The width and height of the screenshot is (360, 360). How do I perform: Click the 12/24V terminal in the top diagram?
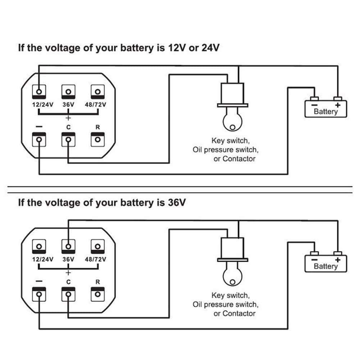[x=40, y=91]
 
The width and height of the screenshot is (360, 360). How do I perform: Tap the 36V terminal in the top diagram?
[x=68, y=91]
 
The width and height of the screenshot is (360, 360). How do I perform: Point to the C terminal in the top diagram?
[x=68, y=139]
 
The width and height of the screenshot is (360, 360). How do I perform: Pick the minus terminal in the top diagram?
[x=40, y=139]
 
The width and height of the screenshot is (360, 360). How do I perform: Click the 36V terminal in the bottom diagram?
[x=68, y=246]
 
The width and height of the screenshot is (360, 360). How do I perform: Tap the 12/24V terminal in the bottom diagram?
[x=40, y=246]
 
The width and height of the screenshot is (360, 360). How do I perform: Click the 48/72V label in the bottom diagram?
[x=96, y=259]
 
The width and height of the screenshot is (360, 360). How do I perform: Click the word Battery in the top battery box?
[x=326, y=111]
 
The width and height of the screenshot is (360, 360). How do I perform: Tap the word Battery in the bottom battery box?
[x=326, y=266]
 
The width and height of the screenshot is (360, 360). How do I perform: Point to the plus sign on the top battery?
[x=338, y=105]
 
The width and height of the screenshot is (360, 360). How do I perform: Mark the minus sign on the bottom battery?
[x=314, y=260]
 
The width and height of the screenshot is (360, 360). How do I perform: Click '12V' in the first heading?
[x=177, y=48]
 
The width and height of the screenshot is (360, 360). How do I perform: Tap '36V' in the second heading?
[x=177, y=202]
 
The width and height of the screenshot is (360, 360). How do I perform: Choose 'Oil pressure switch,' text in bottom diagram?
[x=225, y=305]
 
